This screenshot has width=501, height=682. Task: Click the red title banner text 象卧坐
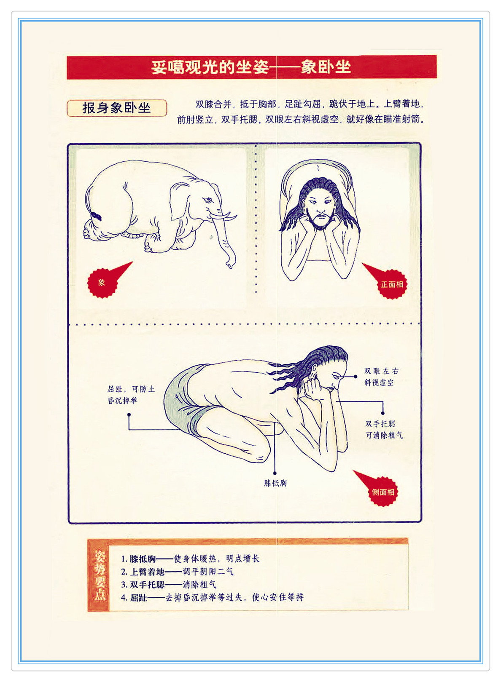click(x=326, y=67)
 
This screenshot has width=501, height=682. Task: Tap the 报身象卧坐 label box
click(x=117, y=108)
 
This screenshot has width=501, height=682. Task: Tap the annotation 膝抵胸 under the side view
click(x=275, y=483)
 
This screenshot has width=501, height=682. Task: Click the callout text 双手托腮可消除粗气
click(x=384, y=429)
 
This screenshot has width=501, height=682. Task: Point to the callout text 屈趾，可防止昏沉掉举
click(x=131, y=395)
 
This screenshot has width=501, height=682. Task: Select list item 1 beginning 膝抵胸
click(x=190, y=559)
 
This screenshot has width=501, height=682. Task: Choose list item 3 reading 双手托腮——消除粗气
click(x=169, y=585)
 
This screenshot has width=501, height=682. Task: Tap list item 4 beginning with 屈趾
click(x=213, y=597)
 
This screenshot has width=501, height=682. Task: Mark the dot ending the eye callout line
click(x=356, y=377)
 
